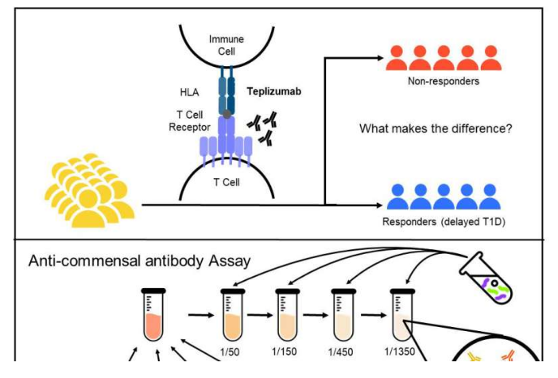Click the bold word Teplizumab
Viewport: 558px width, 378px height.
pos(273,92)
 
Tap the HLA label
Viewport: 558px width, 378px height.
pos(189,92)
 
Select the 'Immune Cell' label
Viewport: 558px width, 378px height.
pos(227,45)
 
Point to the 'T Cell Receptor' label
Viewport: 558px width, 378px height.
pos(189,121)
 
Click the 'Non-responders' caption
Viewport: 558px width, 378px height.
pos(444,81)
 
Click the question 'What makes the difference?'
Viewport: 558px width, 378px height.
pos(436,128)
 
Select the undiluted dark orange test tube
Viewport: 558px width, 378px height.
pos(153,314)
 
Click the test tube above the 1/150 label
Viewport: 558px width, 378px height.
pos(288,314)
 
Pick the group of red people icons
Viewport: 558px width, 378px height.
pos(444,56)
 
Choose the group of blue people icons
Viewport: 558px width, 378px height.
pos(444,197)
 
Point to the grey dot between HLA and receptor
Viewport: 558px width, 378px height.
pos(227,115)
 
